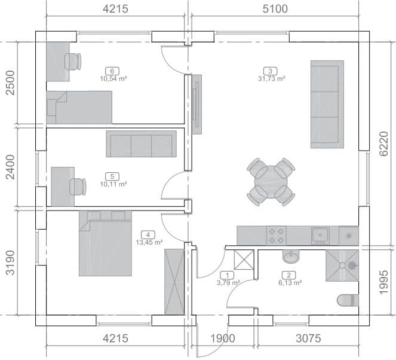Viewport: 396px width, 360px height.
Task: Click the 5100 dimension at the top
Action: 275,9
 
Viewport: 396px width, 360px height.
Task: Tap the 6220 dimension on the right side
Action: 383,144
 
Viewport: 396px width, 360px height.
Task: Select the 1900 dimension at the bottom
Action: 223,338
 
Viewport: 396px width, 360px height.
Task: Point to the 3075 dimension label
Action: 308,338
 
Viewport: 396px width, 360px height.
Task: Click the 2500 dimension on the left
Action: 10,83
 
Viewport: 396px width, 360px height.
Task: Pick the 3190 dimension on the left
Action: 10,263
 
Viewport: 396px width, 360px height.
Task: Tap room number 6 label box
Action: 112,71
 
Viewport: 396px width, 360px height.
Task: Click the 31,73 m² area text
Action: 272,78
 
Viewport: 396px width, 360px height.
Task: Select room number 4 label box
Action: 148,235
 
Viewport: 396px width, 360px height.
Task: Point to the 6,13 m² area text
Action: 290,283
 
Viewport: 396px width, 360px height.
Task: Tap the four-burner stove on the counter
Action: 277,236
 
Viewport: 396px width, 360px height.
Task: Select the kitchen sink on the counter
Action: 320,236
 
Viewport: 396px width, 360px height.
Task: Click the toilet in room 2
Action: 348,300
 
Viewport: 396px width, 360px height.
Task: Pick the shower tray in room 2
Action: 342,266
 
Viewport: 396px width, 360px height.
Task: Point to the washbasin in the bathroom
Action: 291,257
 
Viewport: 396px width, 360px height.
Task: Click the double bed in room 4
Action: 105,243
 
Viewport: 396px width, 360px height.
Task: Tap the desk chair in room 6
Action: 73,62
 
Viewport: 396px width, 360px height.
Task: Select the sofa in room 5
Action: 141,144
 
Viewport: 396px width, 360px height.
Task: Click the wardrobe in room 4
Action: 174,282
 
